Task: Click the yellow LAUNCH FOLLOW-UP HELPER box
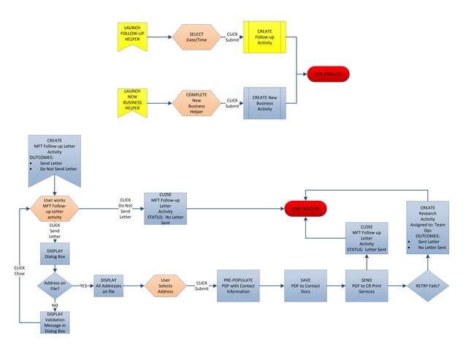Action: pos(132,37)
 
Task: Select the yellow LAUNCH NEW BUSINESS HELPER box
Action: pos(132,103)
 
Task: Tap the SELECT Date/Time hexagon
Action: pos(196,37)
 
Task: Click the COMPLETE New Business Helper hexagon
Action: pos(196,103)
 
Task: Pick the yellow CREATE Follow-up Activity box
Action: pos(264,37)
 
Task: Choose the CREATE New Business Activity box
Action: pos(264,103)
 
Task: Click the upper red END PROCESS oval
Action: pos(328,74)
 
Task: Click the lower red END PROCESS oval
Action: pos(305,209)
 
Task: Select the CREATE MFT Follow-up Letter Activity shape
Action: pos(54,157)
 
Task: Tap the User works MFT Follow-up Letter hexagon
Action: pos(55,208)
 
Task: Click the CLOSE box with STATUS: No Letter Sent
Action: pos(165,208)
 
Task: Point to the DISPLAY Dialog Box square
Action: pos(54,256)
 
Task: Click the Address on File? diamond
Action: pos(54,286)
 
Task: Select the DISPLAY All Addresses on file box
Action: pos(108,286)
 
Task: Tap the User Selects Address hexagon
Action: pos(167,286)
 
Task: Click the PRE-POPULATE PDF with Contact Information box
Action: pos(238,285)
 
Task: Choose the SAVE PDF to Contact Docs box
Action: pos(305,285)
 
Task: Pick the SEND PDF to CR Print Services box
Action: pos(367,285)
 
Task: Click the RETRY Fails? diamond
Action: pos(427,286)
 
